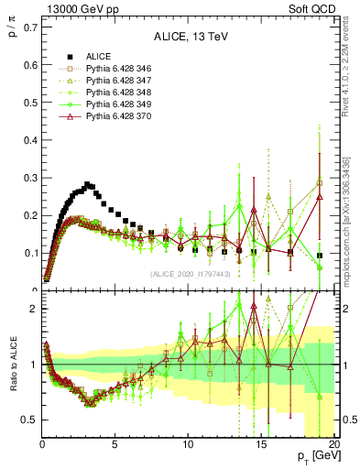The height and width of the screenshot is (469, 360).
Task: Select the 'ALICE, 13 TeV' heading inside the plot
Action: click(x=187, y=38)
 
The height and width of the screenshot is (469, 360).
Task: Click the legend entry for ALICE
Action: click(x=98, y=56)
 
